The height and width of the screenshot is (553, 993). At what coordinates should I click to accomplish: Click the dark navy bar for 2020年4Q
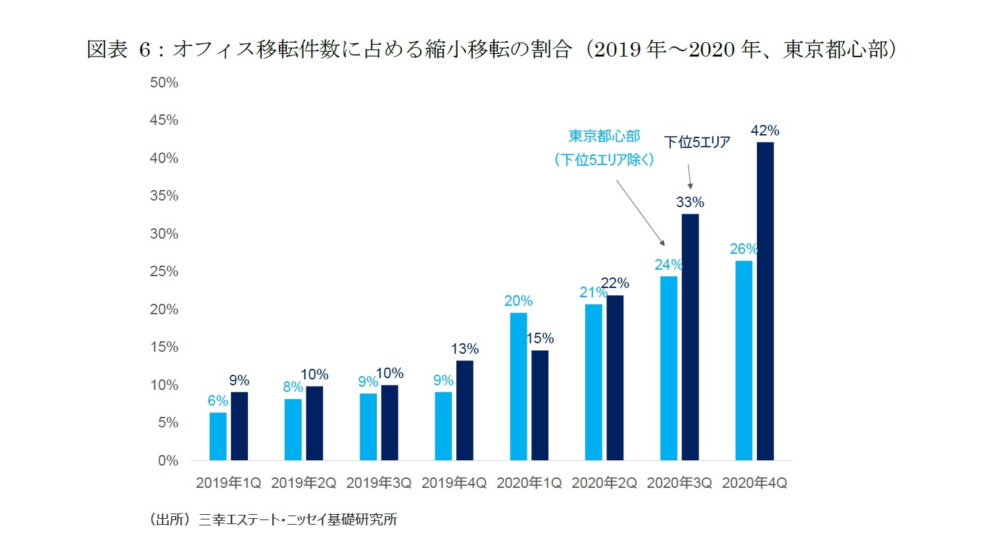point(765,301)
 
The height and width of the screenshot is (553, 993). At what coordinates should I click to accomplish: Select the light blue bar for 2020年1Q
point(518,387)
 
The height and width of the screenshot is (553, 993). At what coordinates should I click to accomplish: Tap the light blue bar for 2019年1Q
point(218,437)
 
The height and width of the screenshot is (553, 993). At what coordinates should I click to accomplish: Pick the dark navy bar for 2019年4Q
point(464,410)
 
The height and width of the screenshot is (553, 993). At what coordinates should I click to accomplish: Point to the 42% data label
point(765,131)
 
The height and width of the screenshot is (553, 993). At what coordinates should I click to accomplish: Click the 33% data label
point(690,203)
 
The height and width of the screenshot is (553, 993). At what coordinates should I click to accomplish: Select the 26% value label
point(743,249)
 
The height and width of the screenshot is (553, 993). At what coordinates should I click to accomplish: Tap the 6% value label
point(218,401)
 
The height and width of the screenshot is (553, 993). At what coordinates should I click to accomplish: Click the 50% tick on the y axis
point(164,83)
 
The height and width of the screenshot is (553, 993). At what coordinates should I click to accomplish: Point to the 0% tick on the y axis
point(168,461)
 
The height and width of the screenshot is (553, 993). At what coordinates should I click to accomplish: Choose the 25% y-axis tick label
point(164,272)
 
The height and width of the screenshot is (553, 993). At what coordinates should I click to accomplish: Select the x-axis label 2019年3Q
point(379,483)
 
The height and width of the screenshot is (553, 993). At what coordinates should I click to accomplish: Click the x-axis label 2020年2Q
point(604,483)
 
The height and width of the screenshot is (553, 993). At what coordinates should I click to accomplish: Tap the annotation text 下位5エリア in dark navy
point(697,142)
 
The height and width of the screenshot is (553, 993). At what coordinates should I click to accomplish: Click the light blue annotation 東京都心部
point(604,136)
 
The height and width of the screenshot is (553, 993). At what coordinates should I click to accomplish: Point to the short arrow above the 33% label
point(689,176)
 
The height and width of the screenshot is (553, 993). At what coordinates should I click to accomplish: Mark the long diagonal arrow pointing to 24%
point(641,212)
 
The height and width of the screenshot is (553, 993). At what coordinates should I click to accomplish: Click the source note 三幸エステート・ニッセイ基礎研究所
point(297,520)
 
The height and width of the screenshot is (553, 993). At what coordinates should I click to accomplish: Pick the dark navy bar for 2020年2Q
point(615,378)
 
